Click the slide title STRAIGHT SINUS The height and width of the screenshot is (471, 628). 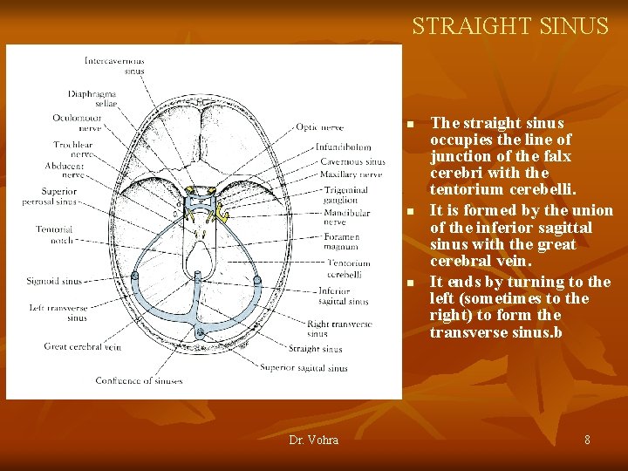click(x=510, y=26)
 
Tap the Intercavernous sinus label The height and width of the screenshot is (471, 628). click(x=114, y=65)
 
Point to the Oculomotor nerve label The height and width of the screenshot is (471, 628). click(x=78, y=122)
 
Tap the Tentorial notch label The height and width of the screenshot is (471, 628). click(x=54, y=235)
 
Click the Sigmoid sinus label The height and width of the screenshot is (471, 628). click(x=54, y=282)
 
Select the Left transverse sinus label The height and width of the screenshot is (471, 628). click(x=58, y=312)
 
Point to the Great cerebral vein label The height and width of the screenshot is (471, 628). click(x=82, y=347)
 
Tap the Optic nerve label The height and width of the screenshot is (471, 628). click(x=319, y=127)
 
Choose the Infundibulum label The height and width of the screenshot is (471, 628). click(x=343, y=147)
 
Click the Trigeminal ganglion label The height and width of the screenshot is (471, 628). click(x=345, y=195)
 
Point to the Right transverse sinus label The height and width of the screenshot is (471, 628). click(x=339, y=328)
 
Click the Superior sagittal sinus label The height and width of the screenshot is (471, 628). click(x=304, y=368)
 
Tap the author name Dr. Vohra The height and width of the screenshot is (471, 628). click(x=313, y=440)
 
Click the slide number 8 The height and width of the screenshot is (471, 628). click(x=587, y=440)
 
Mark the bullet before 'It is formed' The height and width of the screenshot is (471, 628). click(x=409, y=212)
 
